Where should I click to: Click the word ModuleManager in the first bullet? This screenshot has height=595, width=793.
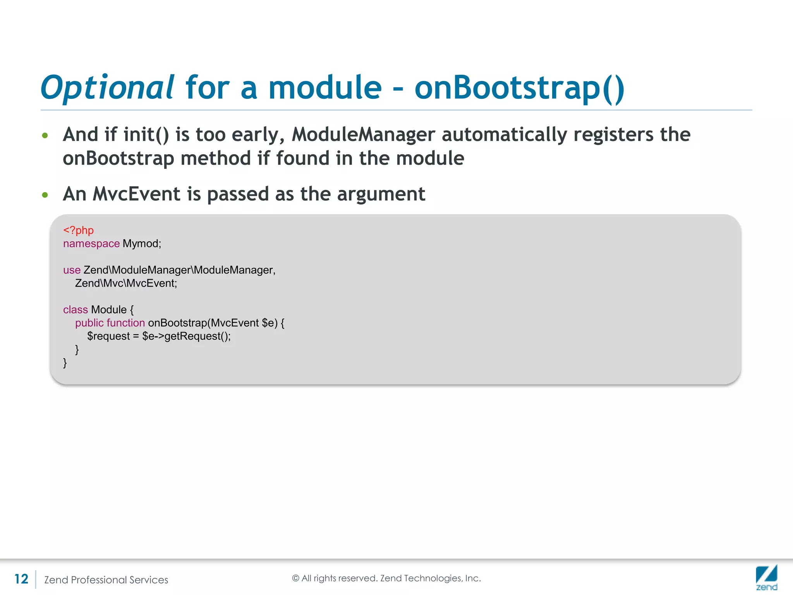pos(363,135)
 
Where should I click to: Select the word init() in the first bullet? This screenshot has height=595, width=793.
pos(146,135)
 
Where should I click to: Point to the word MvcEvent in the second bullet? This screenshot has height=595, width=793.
pos(136,194)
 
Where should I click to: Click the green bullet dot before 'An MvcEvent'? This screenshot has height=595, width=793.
pos(45,195)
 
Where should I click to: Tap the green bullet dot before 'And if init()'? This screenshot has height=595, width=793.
pos(45,136)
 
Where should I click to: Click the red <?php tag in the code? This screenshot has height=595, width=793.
pos(78,230)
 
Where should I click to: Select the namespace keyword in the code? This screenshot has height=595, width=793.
pos(91,244)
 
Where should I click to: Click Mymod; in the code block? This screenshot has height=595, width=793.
pos(142,244)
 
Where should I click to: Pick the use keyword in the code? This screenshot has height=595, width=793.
pos(72,270)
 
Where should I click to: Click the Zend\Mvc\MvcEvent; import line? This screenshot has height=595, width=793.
pos(126,283)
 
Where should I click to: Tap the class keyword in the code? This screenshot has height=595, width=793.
pos(76,310)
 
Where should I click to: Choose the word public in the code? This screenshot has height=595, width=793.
pos(89,323)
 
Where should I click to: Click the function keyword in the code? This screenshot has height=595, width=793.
pos(126,323)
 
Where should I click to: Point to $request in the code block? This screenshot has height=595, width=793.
pos(108,336)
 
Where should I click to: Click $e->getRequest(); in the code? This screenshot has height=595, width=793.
pos(186,336)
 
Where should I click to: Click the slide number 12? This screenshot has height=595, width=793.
pos(21,579)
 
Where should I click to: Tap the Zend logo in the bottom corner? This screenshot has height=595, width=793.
pos(766,578)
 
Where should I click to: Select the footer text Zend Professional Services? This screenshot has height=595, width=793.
pos(106,580)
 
